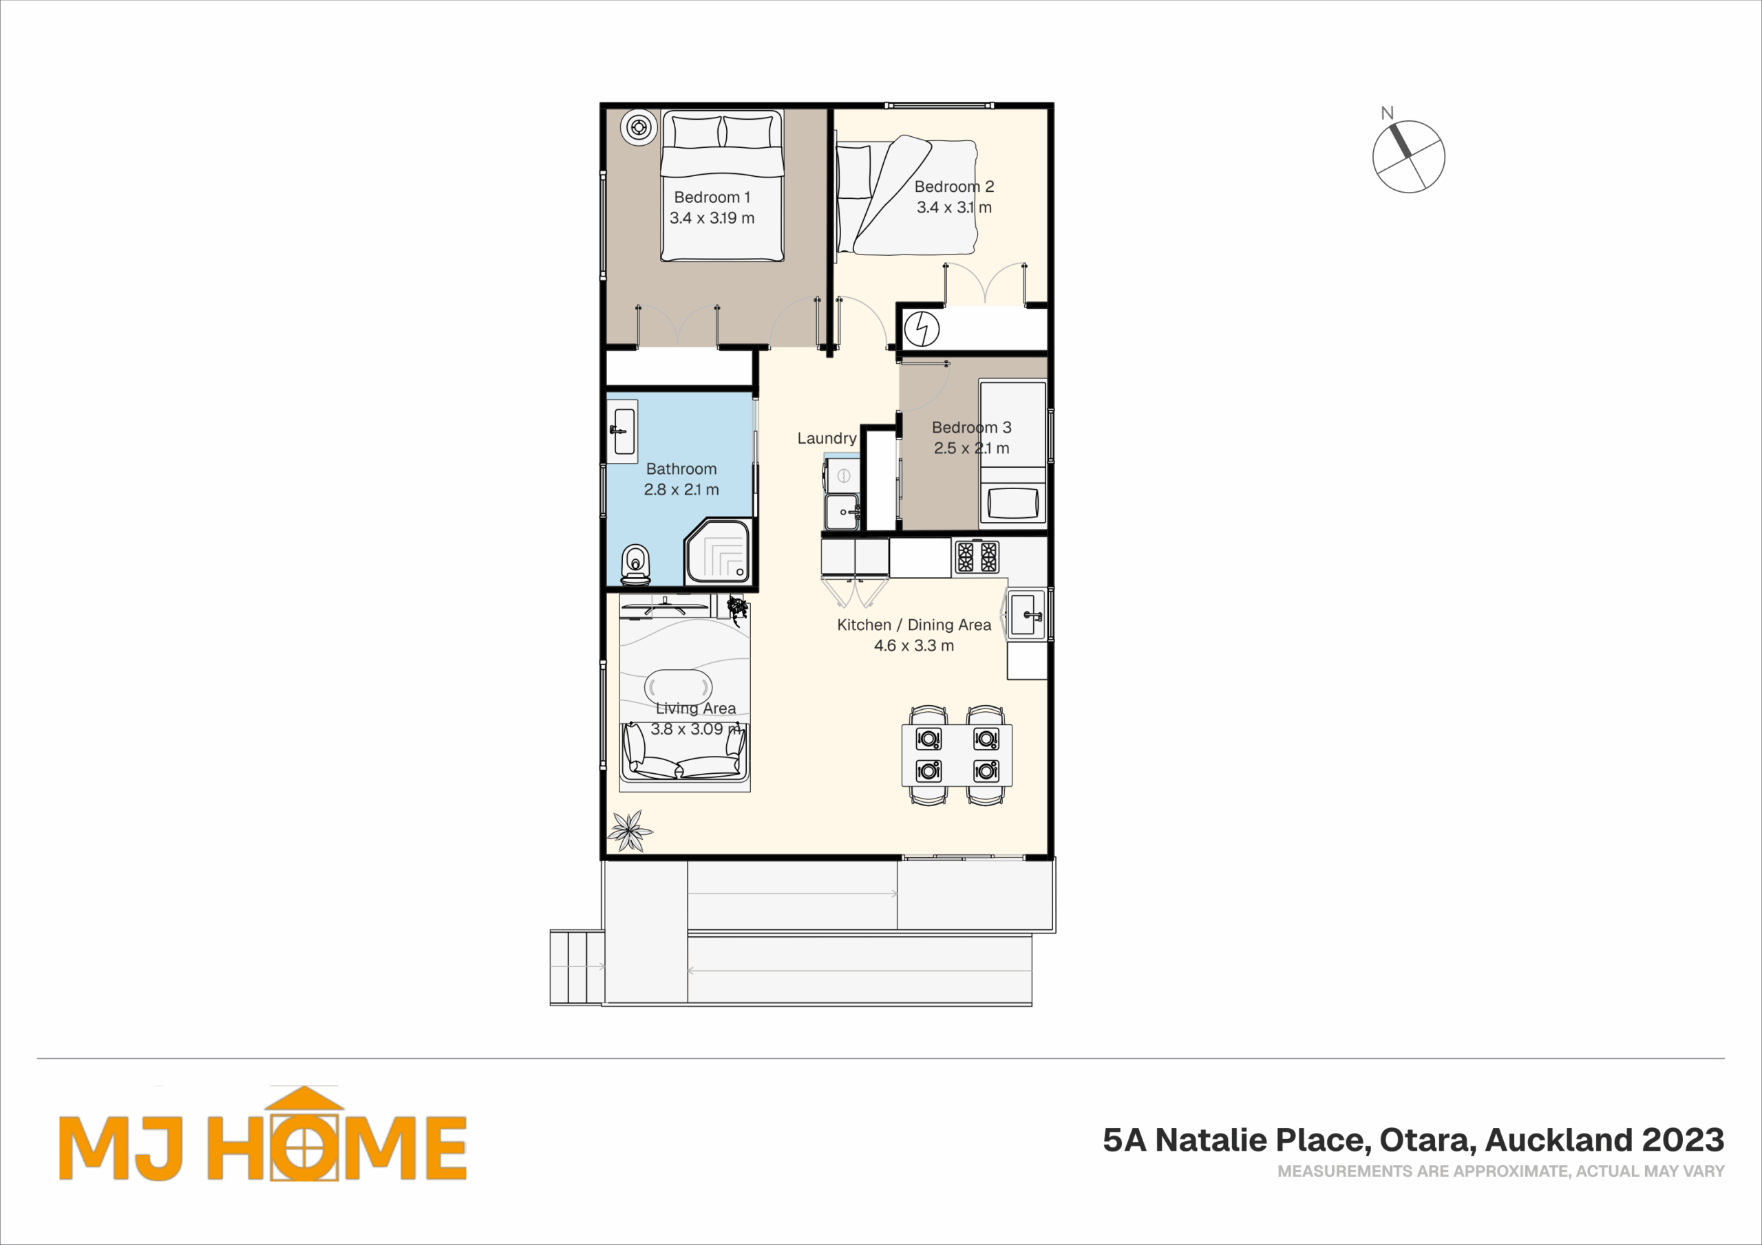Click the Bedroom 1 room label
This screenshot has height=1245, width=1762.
712,197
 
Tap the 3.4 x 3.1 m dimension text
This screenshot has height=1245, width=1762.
954,207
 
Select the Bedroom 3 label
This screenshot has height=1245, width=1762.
972,427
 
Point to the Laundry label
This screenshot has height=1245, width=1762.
827,438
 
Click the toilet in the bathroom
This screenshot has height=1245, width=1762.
635,565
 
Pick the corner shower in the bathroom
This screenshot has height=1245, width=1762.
718,551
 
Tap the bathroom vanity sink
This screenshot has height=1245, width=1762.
622,431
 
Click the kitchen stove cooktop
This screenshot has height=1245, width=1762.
976,557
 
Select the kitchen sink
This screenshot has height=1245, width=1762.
1027,614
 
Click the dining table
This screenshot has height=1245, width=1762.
957,755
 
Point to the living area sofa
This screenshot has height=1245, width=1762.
683,752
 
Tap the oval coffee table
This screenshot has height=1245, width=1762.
679,686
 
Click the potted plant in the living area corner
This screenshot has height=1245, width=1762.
630,831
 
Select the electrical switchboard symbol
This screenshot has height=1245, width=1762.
922,330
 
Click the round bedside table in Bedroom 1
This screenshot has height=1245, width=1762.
639,127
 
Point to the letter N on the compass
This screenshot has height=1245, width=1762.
1387,113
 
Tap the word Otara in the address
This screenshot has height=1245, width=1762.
1427,1141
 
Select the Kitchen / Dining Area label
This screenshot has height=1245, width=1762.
914,625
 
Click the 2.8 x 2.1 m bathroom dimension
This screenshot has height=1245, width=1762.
681,490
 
